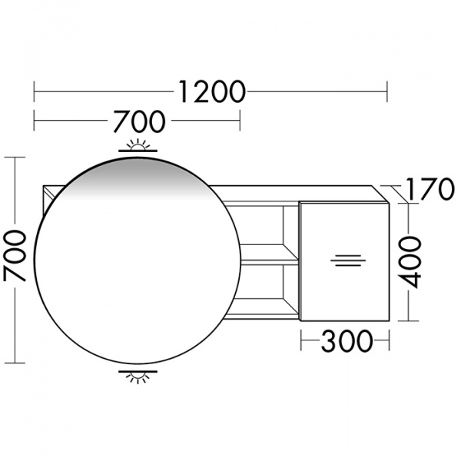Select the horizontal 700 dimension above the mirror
click(x=139, y=121)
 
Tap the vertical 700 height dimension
click(x=15, y=256)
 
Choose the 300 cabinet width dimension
click(x=347, y=341)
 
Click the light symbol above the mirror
click(x=138, y=146)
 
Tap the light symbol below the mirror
click(x=138, y=376)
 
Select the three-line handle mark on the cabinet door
click(x=348, y=260)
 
